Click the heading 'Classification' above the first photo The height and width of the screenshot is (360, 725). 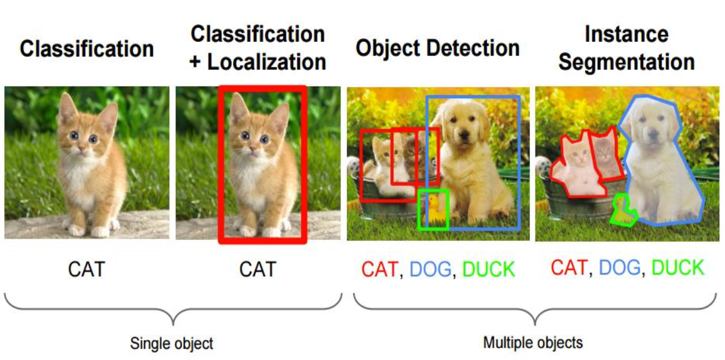(86, 49)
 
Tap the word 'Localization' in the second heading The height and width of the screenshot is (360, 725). (267, 62)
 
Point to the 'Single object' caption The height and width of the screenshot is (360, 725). (171, 343)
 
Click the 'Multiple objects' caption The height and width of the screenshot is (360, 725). (532, 342)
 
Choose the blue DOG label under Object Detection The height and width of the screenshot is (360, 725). (430, 270)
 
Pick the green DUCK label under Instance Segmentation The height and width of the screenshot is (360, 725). (677, 268)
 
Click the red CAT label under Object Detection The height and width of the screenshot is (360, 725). (379, 270)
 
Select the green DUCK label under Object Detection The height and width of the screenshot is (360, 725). (489, 270)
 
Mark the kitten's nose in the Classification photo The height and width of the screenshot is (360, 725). (82, 148)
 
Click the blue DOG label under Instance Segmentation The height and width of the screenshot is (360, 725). (619, 268)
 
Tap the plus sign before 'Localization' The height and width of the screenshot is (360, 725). (195, 62)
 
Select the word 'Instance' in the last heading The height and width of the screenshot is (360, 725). (626, 34)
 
